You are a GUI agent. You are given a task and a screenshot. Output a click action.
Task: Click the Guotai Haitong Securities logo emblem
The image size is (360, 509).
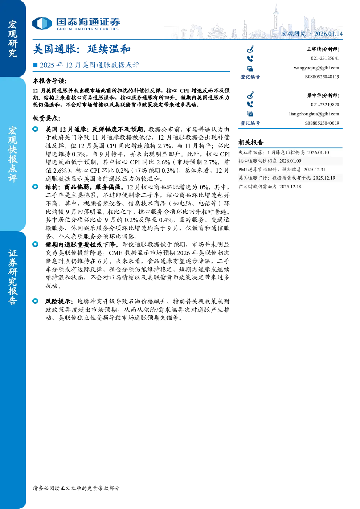point(42,24)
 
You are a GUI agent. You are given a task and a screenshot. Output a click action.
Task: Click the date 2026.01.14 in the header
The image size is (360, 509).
point(328,34)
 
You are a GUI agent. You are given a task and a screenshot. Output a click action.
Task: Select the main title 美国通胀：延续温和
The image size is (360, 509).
point(82,49)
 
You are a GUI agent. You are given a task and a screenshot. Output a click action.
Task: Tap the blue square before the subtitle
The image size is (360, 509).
point(35,65)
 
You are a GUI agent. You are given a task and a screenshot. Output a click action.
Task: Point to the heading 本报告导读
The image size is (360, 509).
point(50,81)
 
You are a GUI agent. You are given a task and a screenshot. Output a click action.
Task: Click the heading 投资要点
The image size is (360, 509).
point(46,118)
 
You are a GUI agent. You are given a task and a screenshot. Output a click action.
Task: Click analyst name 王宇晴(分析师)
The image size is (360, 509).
point(323,49)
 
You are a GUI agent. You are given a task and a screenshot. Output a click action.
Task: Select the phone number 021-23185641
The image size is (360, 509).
point(325,58)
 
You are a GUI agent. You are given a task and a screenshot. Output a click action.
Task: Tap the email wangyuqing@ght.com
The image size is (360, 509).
point(316,68)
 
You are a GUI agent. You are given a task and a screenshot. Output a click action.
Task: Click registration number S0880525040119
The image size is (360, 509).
point(322,77)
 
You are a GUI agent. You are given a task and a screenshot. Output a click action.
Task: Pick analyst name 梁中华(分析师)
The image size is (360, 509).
point(323,95)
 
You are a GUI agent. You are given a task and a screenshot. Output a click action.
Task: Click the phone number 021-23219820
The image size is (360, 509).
point(325,105)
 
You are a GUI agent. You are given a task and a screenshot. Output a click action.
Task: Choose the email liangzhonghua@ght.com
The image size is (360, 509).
point(314,114)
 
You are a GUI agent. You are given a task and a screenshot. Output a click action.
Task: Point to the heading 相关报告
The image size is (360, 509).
point(251,143)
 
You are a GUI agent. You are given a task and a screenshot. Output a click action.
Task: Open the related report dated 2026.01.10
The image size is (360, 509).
point(284,152)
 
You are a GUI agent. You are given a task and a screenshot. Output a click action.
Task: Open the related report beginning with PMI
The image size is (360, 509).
point(282,169)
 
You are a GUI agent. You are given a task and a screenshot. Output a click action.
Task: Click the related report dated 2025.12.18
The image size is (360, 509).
point(270,186)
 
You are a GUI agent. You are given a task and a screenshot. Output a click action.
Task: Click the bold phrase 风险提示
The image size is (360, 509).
point(59,301)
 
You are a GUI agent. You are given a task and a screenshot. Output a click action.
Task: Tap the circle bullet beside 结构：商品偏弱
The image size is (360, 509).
point(35,187)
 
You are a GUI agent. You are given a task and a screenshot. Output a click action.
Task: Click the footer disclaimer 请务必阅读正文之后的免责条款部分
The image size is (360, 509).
point(76,488)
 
